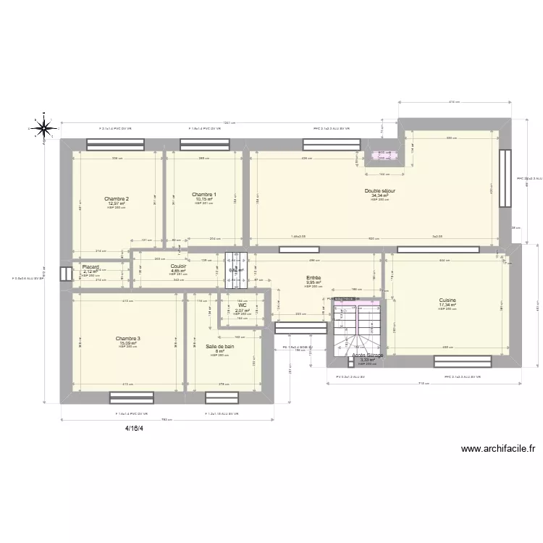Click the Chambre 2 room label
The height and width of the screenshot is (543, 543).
point(117,199)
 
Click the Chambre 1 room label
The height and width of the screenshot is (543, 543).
point(204,194)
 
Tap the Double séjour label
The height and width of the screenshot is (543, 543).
point(380,191)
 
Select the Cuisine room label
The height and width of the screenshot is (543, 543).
point(447,300)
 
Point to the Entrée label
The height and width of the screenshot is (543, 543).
point(313,277)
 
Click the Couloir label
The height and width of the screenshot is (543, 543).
point(178,266)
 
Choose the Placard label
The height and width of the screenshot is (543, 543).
point(90,266)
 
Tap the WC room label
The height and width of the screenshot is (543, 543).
point(243,306)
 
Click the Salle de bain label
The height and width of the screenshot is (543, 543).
point(220,346)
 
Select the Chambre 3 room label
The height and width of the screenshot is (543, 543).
point(128,338)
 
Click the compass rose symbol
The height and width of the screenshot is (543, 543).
point(44,128)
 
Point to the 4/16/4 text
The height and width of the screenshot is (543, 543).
point(133,428)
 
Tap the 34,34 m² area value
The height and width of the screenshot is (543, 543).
point(380,195)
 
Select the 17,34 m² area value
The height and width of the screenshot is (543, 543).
point(447,305)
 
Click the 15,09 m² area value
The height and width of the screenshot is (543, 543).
point(128,342)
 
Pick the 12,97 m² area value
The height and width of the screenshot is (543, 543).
point(117,203)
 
